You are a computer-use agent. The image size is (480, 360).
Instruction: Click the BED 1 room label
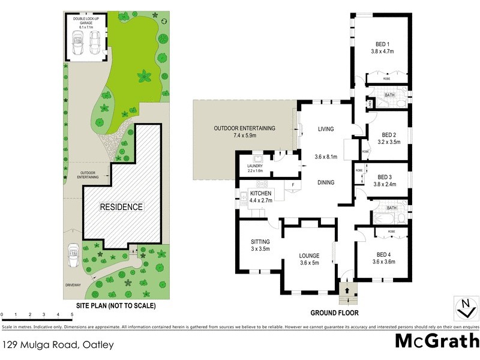(382, 44)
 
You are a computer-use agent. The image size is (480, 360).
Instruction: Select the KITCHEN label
(261, 193)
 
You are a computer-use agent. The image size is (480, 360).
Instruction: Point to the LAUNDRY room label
(255, 166)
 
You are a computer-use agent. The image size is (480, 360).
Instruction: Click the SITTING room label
(260, 242)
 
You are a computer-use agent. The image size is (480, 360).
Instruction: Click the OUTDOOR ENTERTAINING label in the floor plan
(244, 128)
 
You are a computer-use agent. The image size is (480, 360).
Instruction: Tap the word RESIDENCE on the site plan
(121, 207)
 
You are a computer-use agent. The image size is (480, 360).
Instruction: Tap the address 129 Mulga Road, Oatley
(58, 345)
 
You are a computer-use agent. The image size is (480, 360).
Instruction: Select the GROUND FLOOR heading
(334, 313)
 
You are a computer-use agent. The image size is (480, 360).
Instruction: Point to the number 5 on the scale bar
(72, 314)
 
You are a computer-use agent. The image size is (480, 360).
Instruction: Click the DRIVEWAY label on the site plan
(73, 286)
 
